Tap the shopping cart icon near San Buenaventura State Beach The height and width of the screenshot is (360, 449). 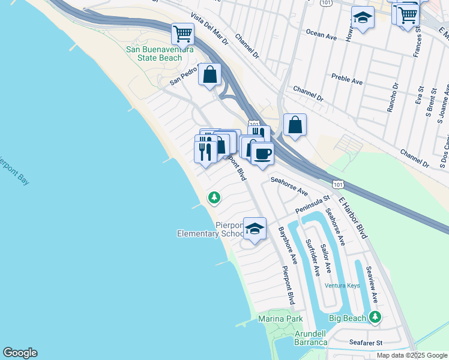click(x=182, y=34)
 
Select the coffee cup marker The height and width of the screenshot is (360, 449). click(x=262, y=155)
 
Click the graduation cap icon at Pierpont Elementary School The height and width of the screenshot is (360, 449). click(x=255, y=229)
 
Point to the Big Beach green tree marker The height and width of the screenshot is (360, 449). click(x=375, y=316)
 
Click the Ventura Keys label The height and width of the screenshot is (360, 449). click(x=342, y=286)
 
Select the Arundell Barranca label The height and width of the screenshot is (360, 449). click(x=311, y=338)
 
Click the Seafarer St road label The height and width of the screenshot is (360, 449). click(x=366, y=343)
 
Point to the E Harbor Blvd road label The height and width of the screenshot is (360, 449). click(x=352, y=217)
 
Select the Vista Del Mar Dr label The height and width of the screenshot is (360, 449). click(x=210, y=29)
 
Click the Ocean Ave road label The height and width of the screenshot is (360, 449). click(x=321, y=35)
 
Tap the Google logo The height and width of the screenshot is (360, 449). click(x=20, y=353)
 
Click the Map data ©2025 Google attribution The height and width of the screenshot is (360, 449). click(x=412, y=355)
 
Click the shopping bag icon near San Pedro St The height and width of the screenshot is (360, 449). click(x=209, y=75)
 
